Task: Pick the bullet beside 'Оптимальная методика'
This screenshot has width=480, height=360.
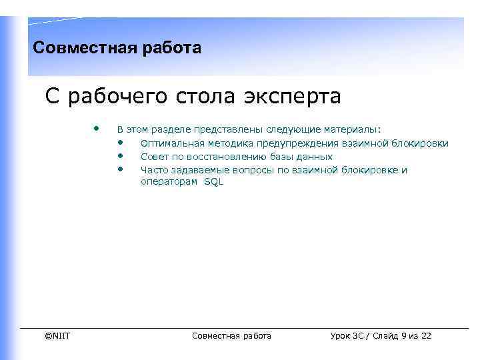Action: pos(121,142)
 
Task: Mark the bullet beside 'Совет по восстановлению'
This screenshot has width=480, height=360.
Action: pos(121,155)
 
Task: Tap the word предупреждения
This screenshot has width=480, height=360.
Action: pos(304,143)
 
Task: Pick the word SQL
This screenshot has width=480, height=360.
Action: pos(213,182)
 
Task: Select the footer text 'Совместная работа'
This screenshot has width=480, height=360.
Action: pos(231,336)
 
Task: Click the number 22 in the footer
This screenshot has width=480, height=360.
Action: pos(425,336)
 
